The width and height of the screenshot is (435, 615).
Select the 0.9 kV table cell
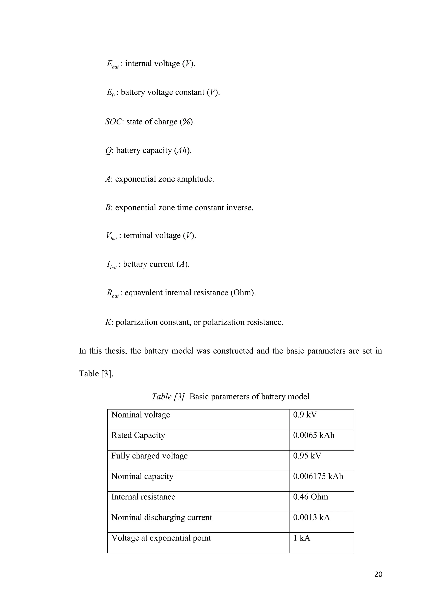pos(305,415)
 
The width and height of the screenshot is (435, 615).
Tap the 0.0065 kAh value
pos(314,435)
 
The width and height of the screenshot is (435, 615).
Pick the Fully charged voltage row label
pos(150,456)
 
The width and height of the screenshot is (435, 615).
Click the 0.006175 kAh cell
pos(318,476)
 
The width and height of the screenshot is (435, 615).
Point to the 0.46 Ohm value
pos(311,497)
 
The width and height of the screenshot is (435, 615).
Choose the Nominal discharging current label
pos(161,518)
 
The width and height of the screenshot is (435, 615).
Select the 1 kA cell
pos(302,538)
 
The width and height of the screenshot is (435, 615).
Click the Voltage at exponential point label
pos(161,538)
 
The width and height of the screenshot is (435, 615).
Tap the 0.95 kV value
pos(307,456)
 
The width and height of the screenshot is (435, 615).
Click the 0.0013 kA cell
pos(311,518)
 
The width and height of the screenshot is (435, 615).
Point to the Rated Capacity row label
pos(138,435)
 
